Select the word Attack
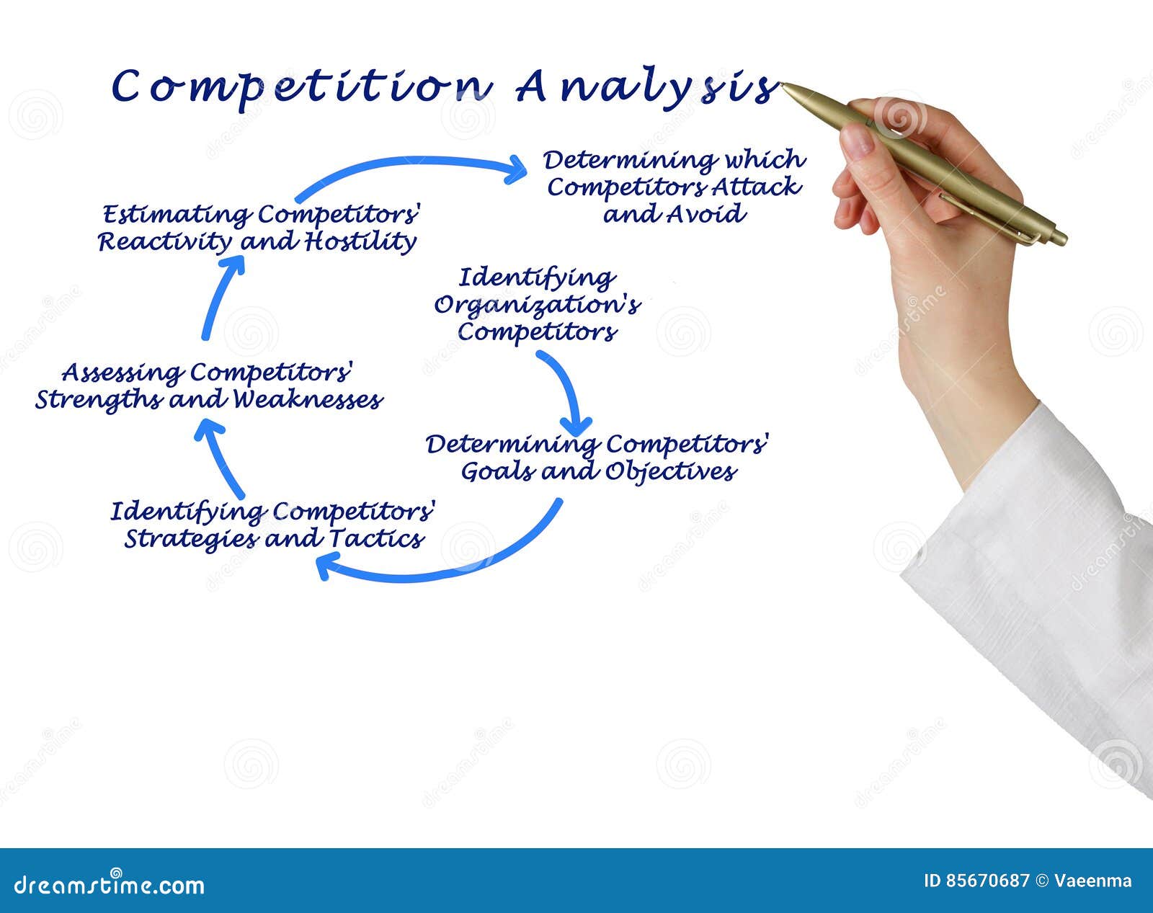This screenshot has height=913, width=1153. (756, 187)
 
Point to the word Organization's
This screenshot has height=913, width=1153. (537, 306)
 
